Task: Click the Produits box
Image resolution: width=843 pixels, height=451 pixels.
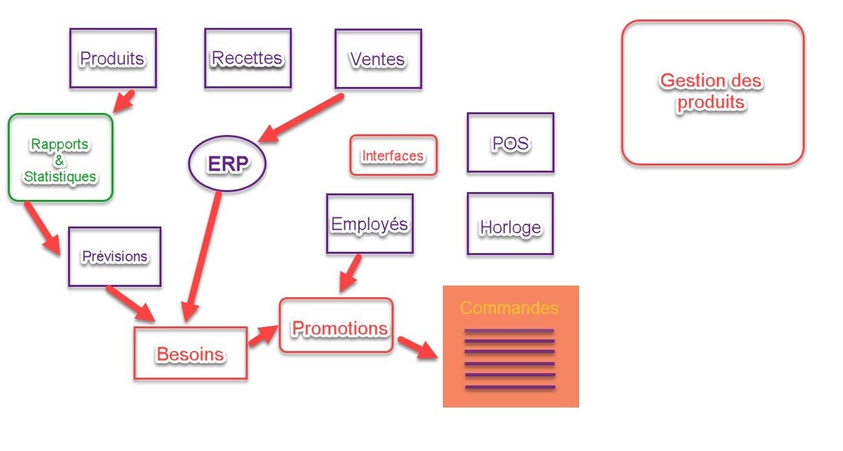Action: pos(113,58)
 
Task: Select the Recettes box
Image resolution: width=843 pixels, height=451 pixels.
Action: pos(248,58)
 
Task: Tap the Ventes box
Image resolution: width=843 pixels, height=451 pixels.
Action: pos(378,59)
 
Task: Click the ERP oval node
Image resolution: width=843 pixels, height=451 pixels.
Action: pos(228,164)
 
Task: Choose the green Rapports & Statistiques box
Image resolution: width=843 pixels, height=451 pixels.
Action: pos(60,158)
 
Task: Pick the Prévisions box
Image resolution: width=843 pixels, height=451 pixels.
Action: pos(114,257)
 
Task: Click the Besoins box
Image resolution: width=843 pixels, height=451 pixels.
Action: pos(190,354)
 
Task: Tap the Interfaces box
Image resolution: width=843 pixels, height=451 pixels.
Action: pos(394,156)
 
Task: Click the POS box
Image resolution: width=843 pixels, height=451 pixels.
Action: pos(510,143)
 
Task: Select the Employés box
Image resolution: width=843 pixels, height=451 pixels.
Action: pos(370,224)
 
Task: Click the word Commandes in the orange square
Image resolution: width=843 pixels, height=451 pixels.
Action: pos(509,308)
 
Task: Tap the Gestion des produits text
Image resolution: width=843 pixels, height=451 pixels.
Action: pos(711,91)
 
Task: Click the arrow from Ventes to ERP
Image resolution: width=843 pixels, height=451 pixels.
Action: pos(300,118)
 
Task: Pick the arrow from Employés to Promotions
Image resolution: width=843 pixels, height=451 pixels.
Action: pos(351,273)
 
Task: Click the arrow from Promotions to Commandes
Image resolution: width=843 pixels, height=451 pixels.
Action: pos(417,347)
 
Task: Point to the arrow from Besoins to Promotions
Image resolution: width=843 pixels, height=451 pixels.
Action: pos(263,335)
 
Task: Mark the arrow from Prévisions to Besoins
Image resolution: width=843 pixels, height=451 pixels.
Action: pos(130,303)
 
